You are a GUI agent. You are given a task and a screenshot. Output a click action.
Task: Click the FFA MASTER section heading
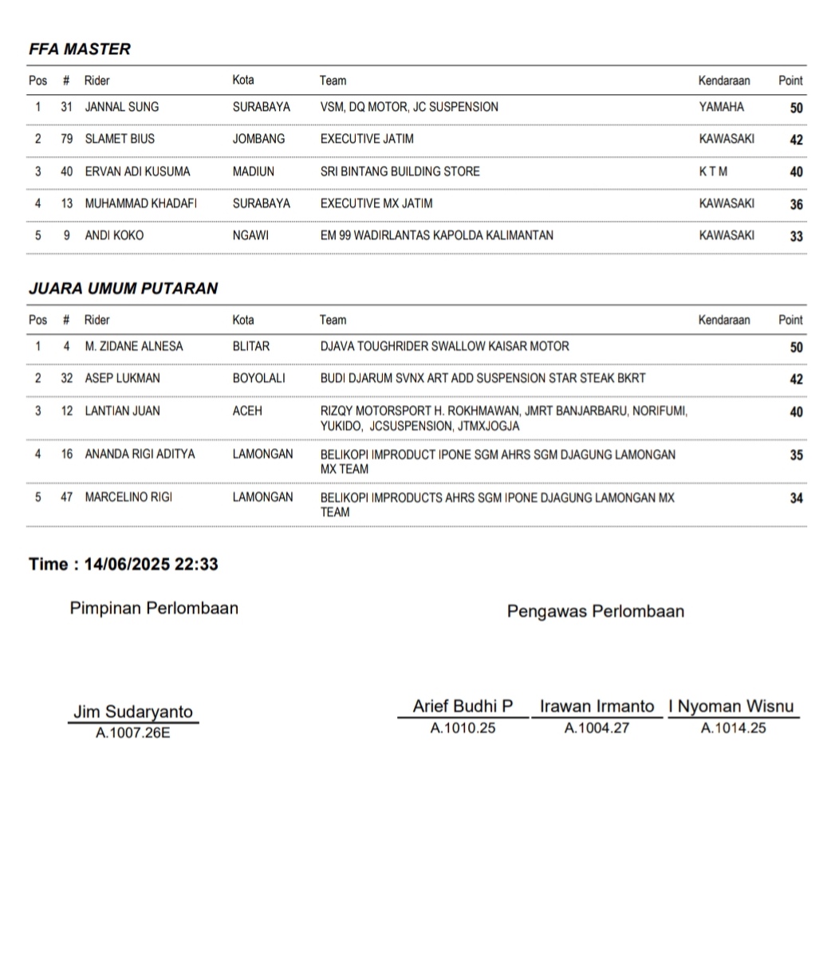click(80, 49)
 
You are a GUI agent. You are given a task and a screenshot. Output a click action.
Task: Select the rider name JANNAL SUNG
click(121, 107)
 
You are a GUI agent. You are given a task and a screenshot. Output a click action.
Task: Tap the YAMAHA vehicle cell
click(721, 107)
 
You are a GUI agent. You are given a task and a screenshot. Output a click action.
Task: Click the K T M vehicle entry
click(713, 171)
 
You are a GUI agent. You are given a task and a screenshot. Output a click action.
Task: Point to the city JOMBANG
click(258, 139)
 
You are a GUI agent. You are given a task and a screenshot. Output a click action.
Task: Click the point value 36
click(796, 204)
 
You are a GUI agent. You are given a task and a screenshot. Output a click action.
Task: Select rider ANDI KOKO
click(114, 236)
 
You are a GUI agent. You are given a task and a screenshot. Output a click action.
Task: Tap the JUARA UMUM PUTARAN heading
click(123, 289)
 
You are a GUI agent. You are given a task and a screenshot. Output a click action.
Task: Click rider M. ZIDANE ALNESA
click(133, 347)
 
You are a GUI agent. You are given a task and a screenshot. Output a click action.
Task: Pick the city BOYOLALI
click(258, 379)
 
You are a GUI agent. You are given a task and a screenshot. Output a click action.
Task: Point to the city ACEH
click(247, 411)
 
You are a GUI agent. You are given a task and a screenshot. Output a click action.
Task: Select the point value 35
click(796, 455)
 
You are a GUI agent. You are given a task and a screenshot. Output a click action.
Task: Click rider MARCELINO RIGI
click(128, 498)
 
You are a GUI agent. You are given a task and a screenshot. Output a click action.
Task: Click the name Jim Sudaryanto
click(133, 712)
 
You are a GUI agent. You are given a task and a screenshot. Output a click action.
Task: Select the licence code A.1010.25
click(463, 728)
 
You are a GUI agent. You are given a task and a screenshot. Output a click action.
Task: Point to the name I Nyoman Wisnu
click(731, 706)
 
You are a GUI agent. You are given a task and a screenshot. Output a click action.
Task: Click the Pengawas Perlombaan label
click(595, 612)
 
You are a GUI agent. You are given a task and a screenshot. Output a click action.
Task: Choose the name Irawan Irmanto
click(597, 706)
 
